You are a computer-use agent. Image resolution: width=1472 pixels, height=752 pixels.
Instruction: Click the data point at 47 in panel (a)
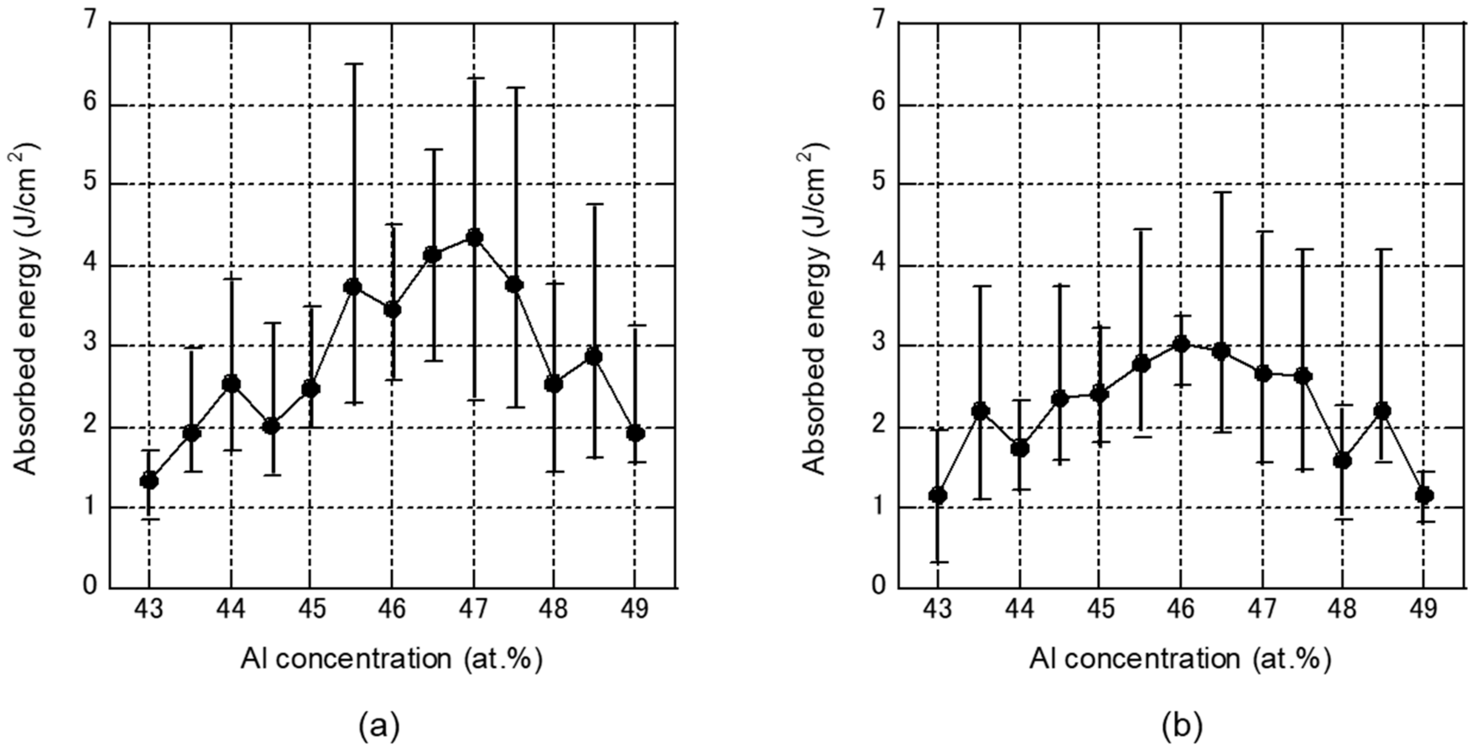click(x=474, y=237)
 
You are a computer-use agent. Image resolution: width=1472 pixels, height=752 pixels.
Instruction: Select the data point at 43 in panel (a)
click(x=149, y=481)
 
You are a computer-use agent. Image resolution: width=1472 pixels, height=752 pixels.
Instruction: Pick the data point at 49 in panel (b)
click(x=1423, y=495)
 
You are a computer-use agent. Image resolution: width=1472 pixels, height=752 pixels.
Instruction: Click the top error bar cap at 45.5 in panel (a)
click(x=353, y=64)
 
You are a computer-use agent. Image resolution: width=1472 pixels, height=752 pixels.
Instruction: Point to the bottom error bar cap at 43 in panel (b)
click(x=938, y=562)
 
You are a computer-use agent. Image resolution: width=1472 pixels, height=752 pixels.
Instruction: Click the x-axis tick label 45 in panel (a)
click(x=312, y=610)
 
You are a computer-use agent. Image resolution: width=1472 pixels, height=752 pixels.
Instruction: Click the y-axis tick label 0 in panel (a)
click(x=90, y=587)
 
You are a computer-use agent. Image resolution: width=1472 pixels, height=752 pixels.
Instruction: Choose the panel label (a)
click(x=379, y=727)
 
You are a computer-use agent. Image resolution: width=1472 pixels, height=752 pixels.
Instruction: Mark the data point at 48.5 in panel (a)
click(x=594, y=356)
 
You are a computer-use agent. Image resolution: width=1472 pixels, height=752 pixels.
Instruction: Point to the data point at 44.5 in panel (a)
click(x=271, y=426)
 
